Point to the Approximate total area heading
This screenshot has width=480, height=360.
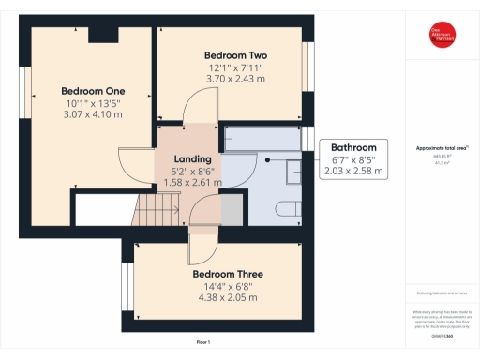(x=441, y=148)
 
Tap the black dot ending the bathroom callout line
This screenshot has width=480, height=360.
(x=269, y=159)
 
